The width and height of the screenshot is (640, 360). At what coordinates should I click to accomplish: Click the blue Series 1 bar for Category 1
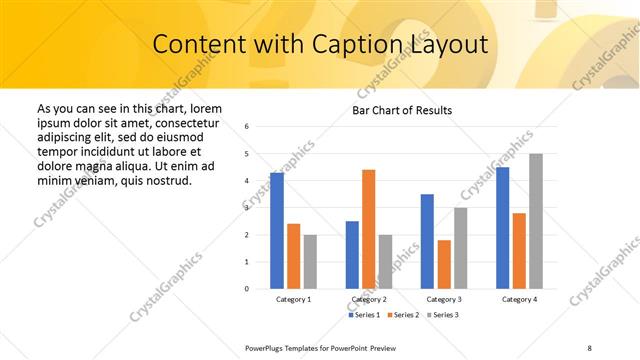point(277,231)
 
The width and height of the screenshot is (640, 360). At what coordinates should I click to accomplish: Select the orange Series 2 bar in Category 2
point(368,229)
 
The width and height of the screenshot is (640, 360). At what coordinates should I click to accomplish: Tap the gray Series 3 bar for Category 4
point(536,221)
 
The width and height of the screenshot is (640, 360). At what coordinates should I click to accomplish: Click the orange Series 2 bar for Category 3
point(444,264)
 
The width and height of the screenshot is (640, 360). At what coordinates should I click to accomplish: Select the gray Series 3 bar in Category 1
point(310,262)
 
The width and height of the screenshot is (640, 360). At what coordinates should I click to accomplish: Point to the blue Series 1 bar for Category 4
point(502,228)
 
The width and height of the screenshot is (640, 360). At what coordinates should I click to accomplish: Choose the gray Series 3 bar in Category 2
point(385,262)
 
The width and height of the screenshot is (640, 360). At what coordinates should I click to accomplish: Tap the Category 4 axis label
point(519,299)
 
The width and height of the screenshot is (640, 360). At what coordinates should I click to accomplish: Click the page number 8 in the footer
point(589,346)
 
